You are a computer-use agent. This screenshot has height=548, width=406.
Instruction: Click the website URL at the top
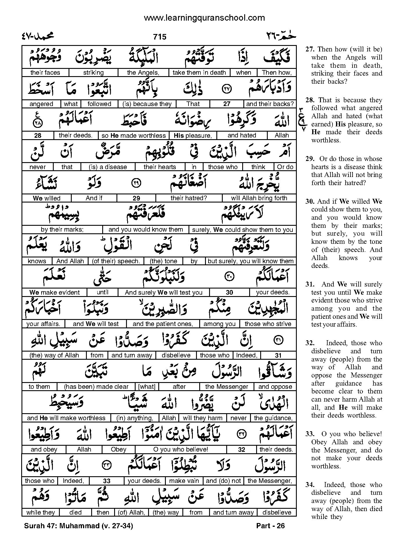[204, 18]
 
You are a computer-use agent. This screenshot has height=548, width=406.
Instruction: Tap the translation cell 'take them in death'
[199, 73]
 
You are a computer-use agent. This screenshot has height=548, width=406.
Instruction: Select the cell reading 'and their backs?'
[270, 104]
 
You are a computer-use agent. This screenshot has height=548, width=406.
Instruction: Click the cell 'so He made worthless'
[134, 135]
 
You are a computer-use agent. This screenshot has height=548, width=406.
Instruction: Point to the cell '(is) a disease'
[108, 167]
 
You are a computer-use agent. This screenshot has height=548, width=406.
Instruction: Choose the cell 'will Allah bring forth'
[259, 198]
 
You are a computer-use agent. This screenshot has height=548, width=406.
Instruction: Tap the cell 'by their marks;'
[62, 230]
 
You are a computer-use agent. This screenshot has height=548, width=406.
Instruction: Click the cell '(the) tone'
[163, 261]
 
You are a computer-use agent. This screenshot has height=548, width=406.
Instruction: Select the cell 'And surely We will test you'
[164, 292]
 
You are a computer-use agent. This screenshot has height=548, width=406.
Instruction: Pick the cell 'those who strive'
[268, 324]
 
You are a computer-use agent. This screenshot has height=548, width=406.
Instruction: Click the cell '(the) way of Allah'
[54, 355]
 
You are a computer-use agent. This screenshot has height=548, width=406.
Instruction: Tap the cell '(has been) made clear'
[96, 386]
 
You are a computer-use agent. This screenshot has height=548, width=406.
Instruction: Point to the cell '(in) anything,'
[134, 418]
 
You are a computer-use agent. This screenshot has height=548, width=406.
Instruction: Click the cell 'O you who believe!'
[181, 449]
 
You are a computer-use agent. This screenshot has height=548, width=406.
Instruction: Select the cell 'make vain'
[184, 481]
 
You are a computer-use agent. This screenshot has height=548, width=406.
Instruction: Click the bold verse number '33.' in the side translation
[310, 434]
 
